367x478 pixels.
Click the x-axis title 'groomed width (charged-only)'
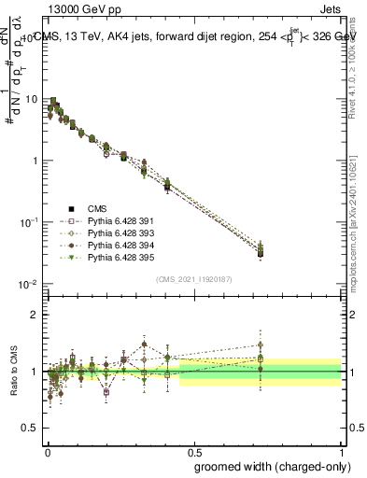(x=267, y=466)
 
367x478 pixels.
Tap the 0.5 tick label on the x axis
(x=194, y=449)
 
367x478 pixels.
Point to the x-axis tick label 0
(x=48, y=449)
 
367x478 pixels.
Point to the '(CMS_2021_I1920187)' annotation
(x=193, y=278)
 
